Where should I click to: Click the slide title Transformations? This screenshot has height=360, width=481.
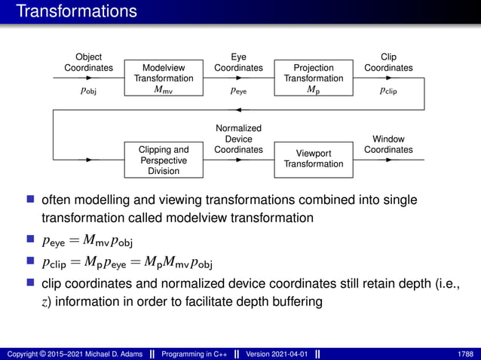76,11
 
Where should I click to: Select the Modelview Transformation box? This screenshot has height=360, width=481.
164,78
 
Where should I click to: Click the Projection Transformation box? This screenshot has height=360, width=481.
314,78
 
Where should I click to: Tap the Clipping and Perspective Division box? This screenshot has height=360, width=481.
164,160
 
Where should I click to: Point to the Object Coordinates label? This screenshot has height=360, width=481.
88,63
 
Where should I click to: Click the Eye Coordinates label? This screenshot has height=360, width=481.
238,63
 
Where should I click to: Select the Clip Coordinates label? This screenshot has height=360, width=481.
388,63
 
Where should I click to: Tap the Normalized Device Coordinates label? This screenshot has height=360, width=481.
238,139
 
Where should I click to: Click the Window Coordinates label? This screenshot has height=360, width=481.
388,145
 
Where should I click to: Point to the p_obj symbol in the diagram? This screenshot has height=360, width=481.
88,90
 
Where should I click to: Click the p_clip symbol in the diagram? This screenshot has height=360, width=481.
388,90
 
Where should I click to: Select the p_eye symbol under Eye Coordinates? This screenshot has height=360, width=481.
238,90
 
